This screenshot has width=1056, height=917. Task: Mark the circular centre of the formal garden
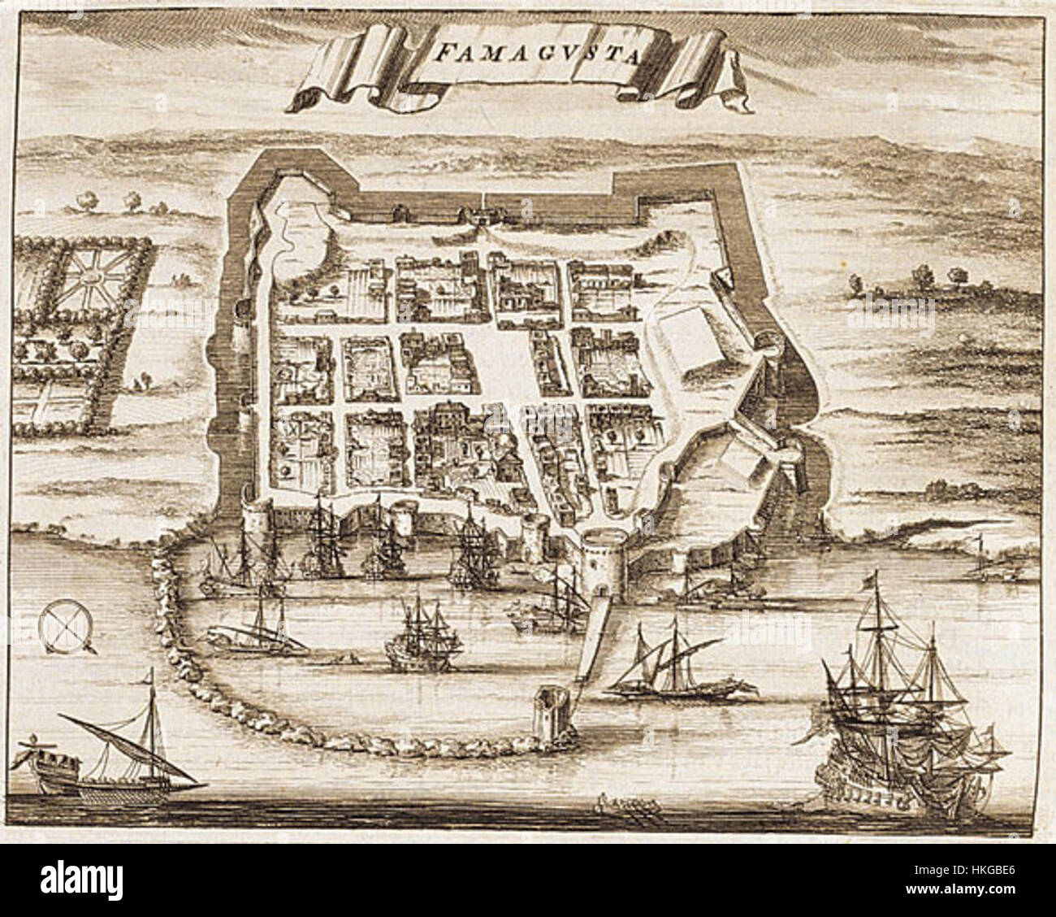[x=91, y=279]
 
